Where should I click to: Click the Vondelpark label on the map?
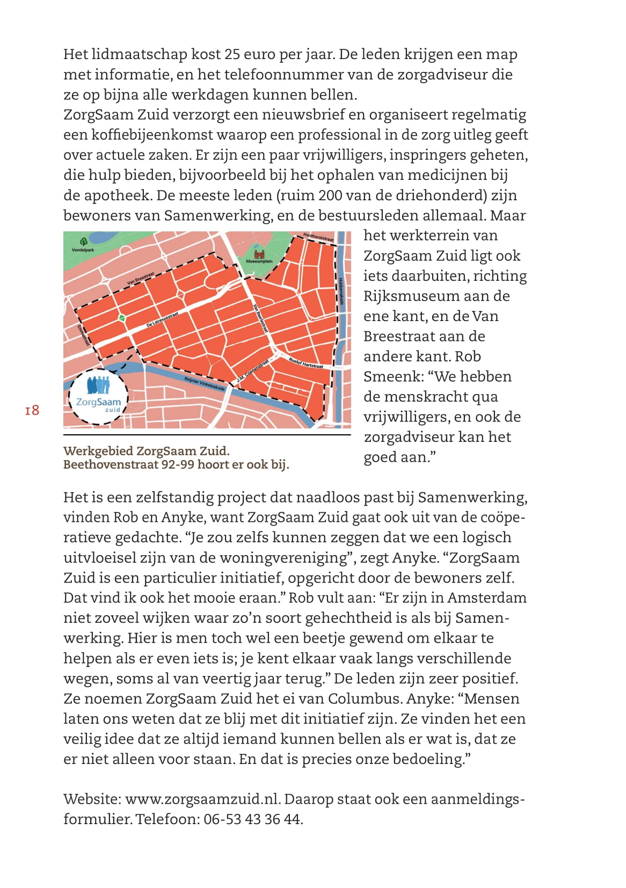pos(83,250)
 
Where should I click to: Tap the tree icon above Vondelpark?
pos(83,242)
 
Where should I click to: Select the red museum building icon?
pos(259,254)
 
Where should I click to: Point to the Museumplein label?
pos(259,261)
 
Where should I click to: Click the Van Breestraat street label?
pos(141,278)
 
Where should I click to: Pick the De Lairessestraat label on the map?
pos(162,319)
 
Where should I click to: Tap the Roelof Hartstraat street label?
pos(306,363)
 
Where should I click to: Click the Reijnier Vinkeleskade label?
pos(204,383)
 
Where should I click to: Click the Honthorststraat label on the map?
pos(318,237)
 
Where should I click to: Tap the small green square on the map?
pos(122,318)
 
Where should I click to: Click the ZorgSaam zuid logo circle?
pos(99,396)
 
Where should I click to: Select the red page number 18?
pos(32,410)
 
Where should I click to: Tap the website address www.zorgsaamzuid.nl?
pos(202,799)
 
